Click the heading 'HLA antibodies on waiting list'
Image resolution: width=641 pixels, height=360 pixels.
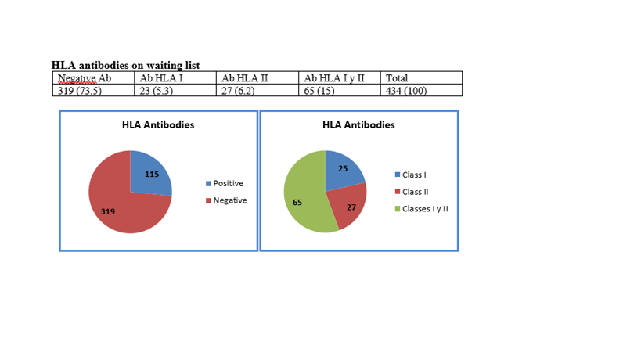(124, 65)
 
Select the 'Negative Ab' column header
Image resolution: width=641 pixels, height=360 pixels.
(81, 78)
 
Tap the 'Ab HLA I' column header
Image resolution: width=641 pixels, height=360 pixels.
(161, 78)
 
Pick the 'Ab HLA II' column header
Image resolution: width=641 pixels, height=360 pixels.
(245, 78)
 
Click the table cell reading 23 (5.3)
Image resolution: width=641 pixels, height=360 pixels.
(158, 91)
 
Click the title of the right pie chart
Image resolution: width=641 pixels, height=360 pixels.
(358, 124)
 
